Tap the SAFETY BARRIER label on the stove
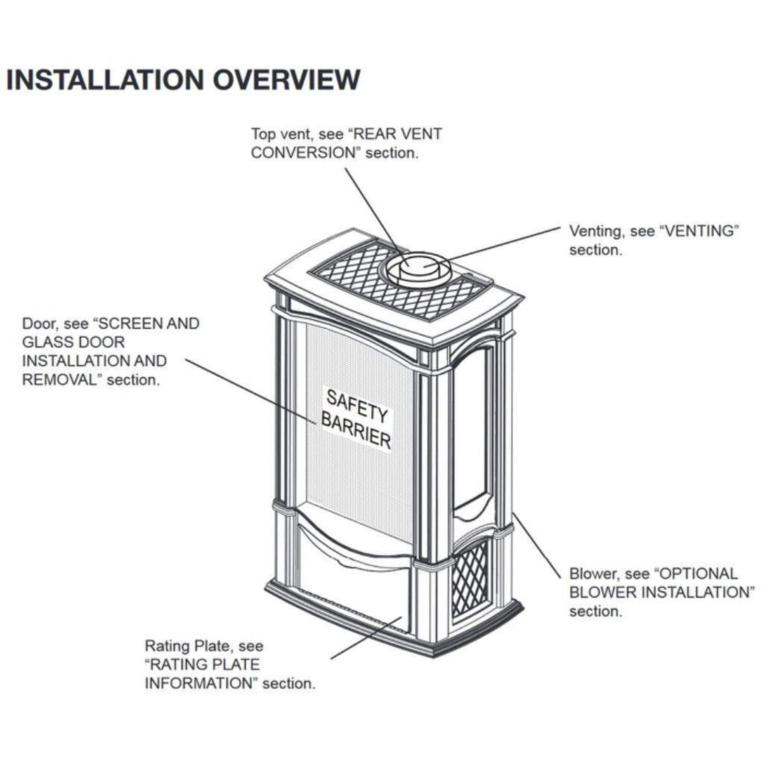tap(356, 419)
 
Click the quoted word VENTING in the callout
tap(700, 231)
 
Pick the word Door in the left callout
tap(38, 324)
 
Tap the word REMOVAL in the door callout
tap(59, 380)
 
